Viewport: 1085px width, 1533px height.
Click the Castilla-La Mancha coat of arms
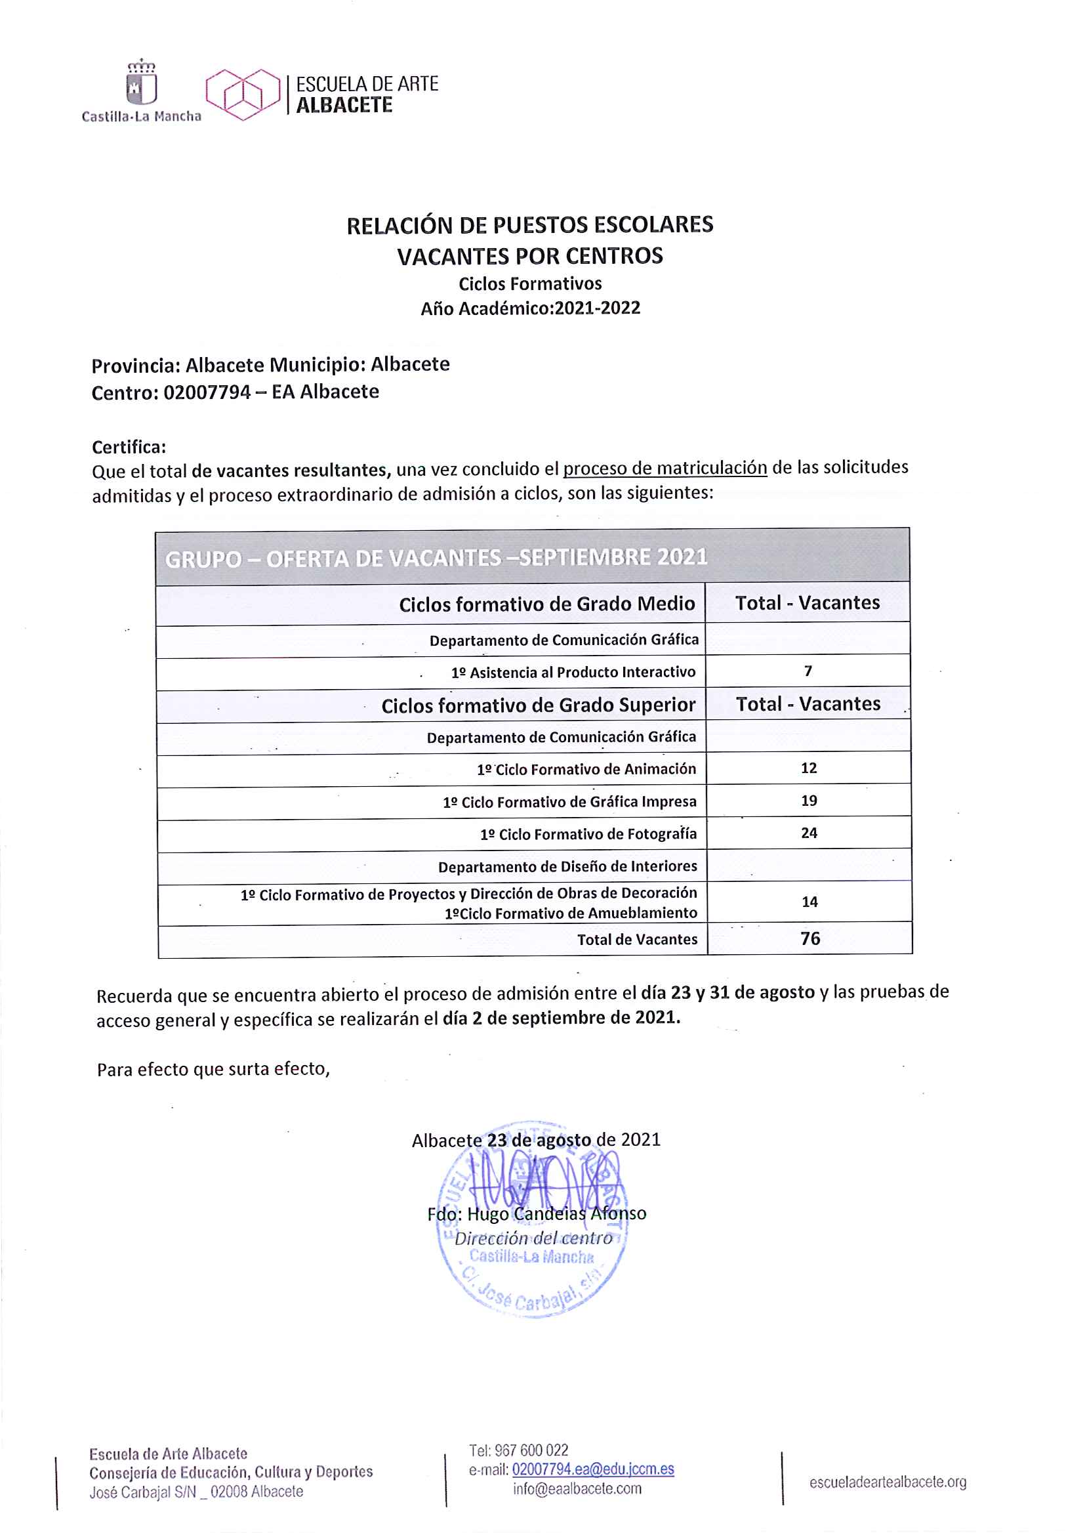click(x=141, y=83)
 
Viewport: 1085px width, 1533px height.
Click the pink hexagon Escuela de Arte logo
click(x=243, y=94)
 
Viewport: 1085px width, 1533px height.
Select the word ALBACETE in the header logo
click(x=344, y=106)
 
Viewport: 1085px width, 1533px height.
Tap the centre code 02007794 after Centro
click(x=207, y=392)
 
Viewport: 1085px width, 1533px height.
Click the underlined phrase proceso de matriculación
click(x=665, y=468)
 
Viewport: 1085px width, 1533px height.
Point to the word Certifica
click(x=129, y=447)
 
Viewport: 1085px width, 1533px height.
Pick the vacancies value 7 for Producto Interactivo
click(x=808, y=671)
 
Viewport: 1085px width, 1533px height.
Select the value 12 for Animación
click(x=808, y=768)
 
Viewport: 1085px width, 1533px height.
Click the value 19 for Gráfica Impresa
click(x=808, y=801)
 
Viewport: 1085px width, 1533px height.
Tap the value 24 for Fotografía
click(x=808, y=833)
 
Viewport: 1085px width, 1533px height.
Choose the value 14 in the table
click(x=809, y=902)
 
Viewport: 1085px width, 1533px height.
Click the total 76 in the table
click(x=809, y=939)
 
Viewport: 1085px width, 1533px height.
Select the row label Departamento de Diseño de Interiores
click(x=567, y=867)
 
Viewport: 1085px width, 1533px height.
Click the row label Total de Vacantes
click(x=637, y=940)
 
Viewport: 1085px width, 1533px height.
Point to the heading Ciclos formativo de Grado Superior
click(x=538, y=705)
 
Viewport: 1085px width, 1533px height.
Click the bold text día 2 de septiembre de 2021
click(x=562, y=1018)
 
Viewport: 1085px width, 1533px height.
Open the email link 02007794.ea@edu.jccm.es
click(x=592, y=1469)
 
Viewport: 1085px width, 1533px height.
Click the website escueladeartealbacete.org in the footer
click(x=888, y=1482)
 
